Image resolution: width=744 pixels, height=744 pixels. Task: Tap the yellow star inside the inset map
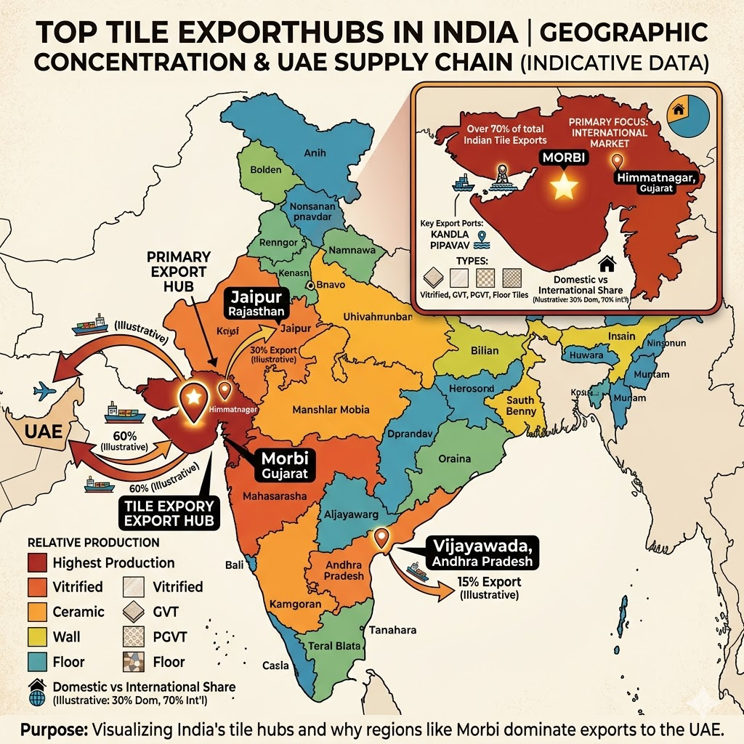(x=565, y=187)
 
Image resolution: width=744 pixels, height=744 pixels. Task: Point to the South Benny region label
(x=521, y=405)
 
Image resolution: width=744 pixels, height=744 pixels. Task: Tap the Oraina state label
(x=455, y=459)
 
